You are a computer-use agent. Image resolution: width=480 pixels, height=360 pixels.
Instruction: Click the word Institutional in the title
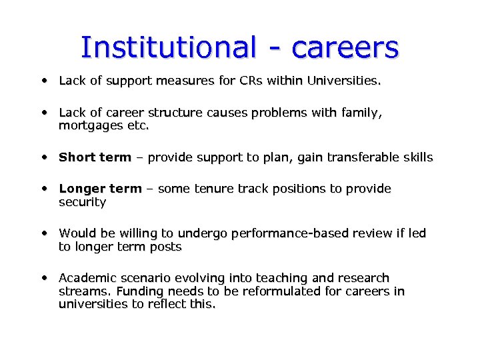[x=167, y=47]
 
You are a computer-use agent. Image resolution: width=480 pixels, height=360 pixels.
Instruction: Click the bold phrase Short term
[x=95, y=157]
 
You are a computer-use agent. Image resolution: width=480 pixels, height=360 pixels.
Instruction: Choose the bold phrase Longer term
[x=100, y=189]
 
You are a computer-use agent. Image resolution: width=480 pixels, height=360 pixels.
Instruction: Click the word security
[x=82, y=201]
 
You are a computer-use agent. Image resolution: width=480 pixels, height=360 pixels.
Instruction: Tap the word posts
[x=167, y=247]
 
